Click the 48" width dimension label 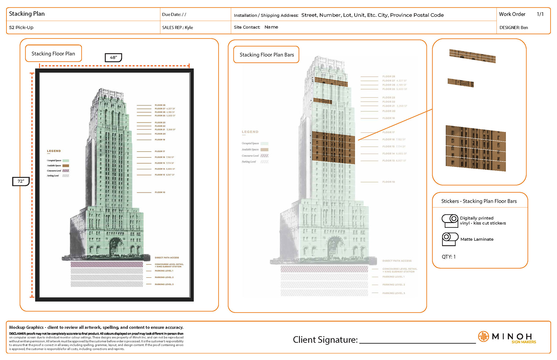[x=113, y=58]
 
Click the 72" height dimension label [x=21, y=181]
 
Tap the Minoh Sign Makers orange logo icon [x=483, y=337]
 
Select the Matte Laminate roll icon [x=450, y=239]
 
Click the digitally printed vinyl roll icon [x=450, y=221]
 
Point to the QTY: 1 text [x=449, y=257]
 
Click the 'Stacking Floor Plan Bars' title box [x=266, y=55]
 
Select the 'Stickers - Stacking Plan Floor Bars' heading [x=479, y=201]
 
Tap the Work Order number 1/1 [x=540, y=14]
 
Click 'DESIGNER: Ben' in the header [x=513, y=28]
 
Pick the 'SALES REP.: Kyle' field [x=178, y=28]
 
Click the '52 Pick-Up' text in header [x=21, y=28]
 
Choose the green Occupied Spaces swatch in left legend [x=66, y=161]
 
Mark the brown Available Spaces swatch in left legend [x=66, y=166]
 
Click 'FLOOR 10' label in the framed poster [x=160, y=192]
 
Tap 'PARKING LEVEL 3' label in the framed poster [x=164, y=284]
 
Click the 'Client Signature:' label [x=325, y=340]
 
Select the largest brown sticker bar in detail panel [x=476, y=148]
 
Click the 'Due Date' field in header [x=174, y=14]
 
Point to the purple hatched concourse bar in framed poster [x=107, y=264]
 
